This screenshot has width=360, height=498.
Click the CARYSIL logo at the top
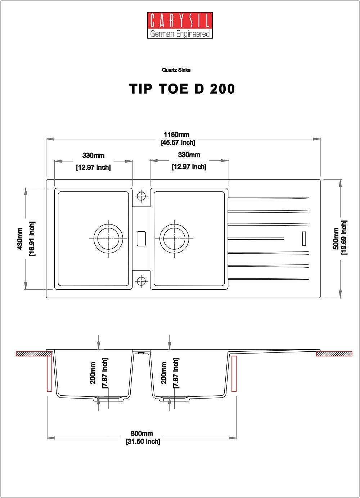point(180,25)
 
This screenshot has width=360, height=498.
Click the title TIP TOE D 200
point(182,89)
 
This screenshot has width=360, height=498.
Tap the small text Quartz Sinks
point(176,70)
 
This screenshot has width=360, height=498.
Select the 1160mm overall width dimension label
point(176,134)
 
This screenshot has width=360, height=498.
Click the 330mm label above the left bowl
point(93,155)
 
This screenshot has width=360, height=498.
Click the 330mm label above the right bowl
point(189,155)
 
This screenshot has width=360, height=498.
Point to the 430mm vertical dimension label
point(20,239)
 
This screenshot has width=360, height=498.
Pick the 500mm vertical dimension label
point(336,238)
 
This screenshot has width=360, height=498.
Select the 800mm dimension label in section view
point(142,433)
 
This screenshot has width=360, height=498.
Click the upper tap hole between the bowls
point(141,196)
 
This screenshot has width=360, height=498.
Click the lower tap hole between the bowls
point(141,281)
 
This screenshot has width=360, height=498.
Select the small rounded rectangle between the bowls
point(141,239)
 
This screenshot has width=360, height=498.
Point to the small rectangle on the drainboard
point(304,239)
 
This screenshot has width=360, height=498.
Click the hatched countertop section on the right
point(334,354)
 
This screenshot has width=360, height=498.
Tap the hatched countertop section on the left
point(34,354)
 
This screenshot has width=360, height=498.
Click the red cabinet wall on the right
point(234,373)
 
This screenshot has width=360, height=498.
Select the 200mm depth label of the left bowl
point(93,373)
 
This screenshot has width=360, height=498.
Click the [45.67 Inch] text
point(178,142)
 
